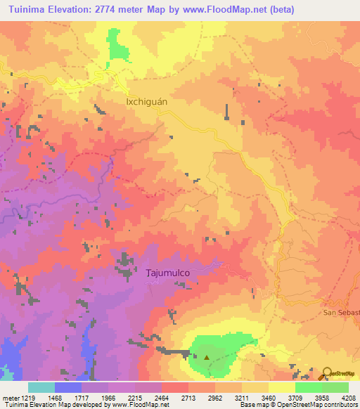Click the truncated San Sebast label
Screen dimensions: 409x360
pyautogui.click(x=341, y=311)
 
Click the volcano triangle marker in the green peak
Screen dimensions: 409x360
pyautogui.click(x=207, y=357)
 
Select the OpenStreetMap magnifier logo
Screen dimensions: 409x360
pyautogui.click(x=327, y=374)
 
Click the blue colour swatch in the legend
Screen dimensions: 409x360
pyautogui.click(x=67, y=387)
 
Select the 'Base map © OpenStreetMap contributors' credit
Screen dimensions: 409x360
pyautogui.click(x=297, y=405)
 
